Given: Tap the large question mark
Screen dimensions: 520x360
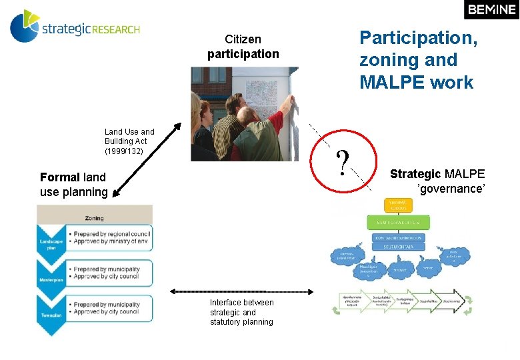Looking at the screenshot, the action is pos(343,163).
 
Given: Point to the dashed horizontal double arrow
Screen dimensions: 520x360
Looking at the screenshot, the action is pos(240,291).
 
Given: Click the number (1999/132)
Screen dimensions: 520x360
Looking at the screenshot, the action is pos(124,151).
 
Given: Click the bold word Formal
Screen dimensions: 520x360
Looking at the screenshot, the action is pos(60,177).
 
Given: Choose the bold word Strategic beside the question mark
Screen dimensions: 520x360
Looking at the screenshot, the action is pos(415,174).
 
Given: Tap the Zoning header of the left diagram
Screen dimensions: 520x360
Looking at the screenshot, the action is pos(94,218).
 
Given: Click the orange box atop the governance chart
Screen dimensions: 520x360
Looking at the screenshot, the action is pos(397,204).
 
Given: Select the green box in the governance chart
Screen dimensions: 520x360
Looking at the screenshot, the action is pos(397,223).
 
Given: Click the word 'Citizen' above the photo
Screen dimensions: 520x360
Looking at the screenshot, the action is pos(243,40).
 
